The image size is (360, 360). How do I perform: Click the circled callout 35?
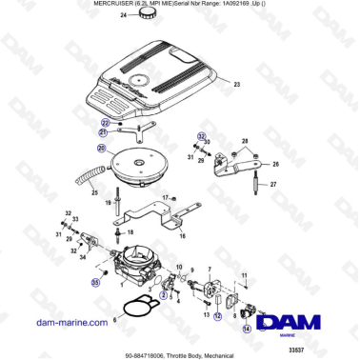94,282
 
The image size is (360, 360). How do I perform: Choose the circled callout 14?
248,329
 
